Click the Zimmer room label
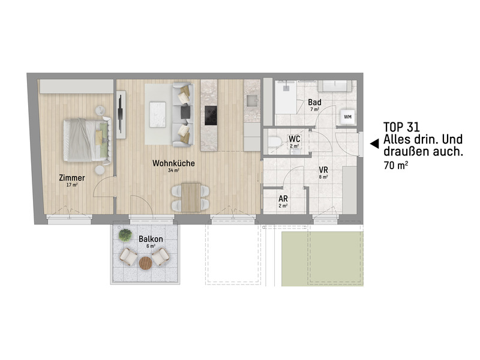71,178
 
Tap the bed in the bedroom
86,139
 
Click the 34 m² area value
174,170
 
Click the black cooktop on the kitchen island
211,115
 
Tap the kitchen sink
252,100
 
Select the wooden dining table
192,198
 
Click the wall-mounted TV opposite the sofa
122,114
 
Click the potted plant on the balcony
125,235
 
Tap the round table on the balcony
146,263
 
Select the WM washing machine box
347,116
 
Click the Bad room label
314,103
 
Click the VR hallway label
323,169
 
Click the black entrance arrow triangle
373,143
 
